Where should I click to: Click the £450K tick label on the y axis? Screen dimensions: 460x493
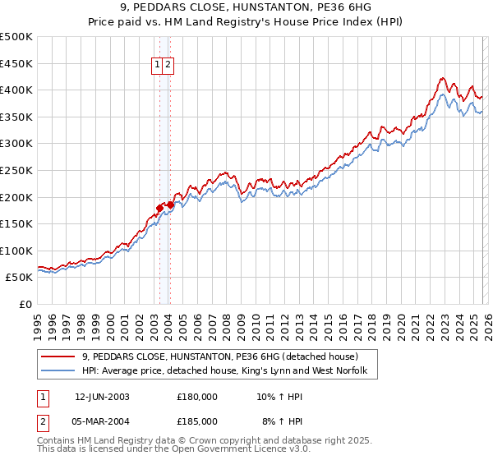tap(16, 63)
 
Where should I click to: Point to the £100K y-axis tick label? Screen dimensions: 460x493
tap(16, 251)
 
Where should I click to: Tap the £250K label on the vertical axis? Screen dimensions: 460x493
tap(16, 170)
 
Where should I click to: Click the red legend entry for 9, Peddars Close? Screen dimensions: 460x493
tap(220, 356)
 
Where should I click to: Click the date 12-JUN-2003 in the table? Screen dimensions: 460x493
tap(102, 396)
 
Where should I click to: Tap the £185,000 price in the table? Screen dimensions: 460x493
tap(197, 423)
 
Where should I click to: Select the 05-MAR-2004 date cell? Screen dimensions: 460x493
tap(102, 423)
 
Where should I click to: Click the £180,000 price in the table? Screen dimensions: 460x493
tap(197, 396)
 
